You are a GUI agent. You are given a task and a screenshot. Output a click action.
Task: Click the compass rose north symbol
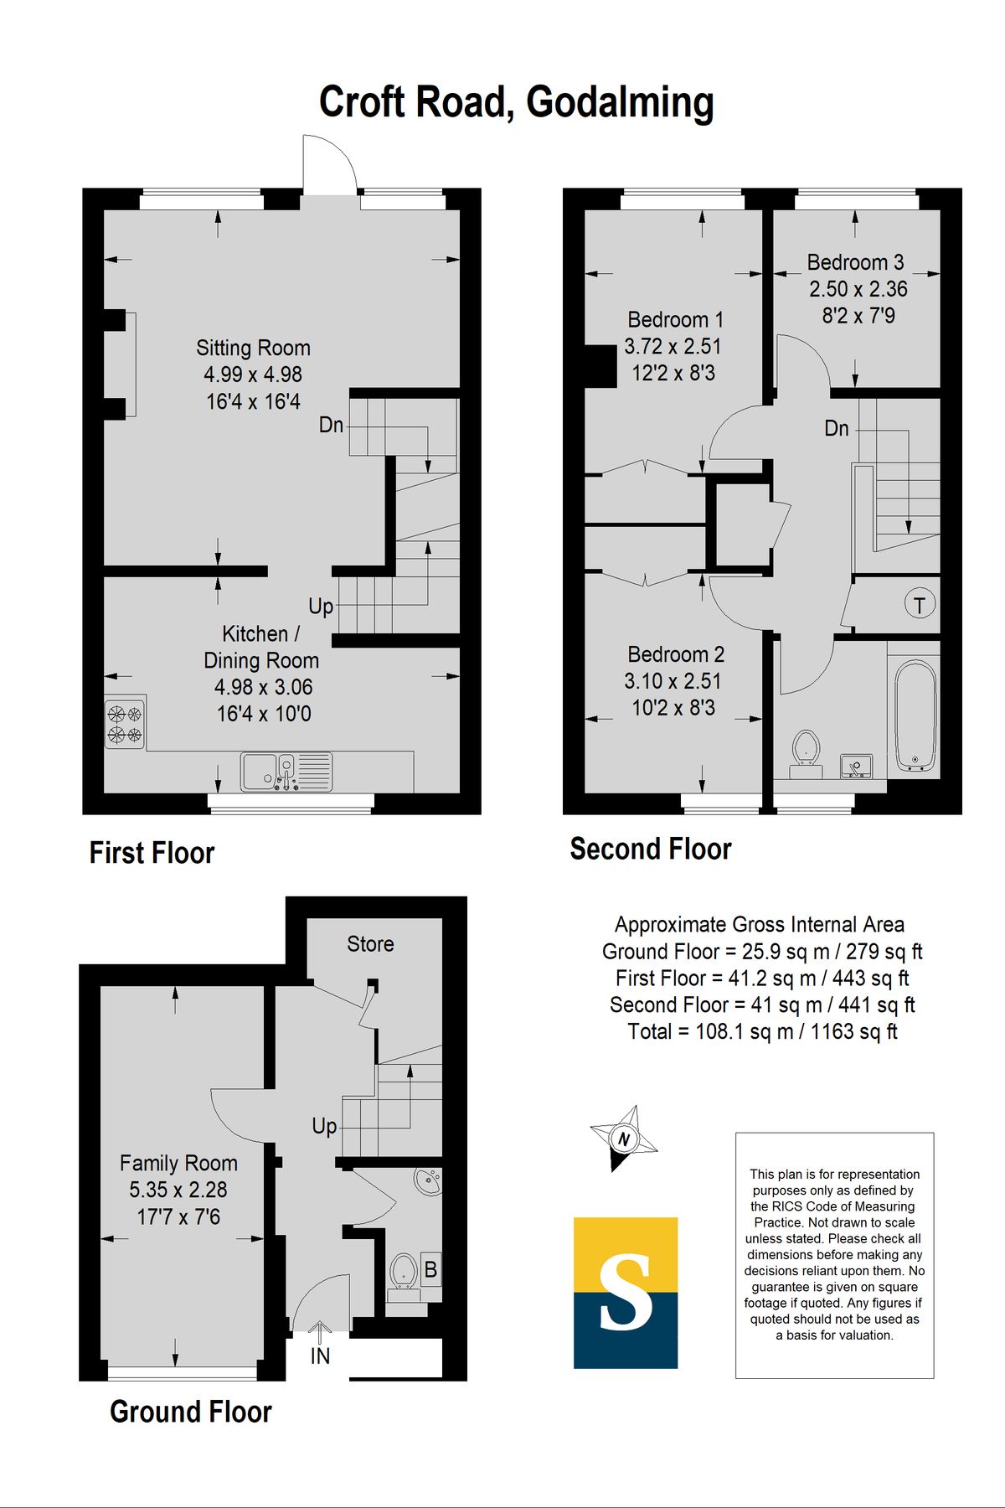pos(624,1137)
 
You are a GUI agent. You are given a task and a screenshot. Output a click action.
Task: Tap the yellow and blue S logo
pos(626,1293)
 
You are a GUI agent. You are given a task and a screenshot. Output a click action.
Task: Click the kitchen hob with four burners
pos(126,723)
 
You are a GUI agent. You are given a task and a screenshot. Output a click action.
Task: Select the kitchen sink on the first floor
pos(286,772)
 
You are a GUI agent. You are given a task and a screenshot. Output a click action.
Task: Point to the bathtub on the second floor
pos(915,716)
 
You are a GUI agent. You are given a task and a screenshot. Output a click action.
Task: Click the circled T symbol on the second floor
pos(920,604)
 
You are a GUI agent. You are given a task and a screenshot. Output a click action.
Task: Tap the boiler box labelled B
pos(430,1270)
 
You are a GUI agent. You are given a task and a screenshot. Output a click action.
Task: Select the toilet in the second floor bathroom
pos(806,752)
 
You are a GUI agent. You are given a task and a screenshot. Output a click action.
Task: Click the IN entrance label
pos(320,1356)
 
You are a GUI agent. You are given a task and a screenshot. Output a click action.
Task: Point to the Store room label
pos(370,944)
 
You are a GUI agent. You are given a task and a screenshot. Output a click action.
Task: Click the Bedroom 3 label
pos(855,262)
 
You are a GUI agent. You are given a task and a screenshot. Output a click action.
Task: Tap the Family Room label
pos(178,1163)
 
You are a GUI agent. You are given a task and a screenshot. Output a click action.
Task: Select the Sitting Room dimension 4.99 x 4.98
pos(253,374)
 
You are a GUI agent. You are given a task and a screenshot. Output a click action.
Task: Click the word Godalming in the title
pos(620,103)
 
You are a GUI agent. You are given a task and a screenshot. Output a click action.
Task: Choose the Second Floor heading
pos(651,849)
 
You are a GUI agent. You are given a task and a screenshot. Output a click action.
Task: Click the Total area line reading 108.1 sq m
pos(762,1031)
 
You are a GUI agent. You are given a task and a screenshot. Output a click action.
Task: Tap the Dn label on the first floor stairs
pos(331,425)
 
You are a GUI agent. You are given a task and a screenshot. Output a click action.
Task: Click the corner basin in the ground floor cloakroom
pos(428,1182)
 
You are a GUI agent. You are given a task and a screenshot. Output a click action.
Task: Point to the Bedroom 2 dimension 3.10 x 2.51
pos(673,681)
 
